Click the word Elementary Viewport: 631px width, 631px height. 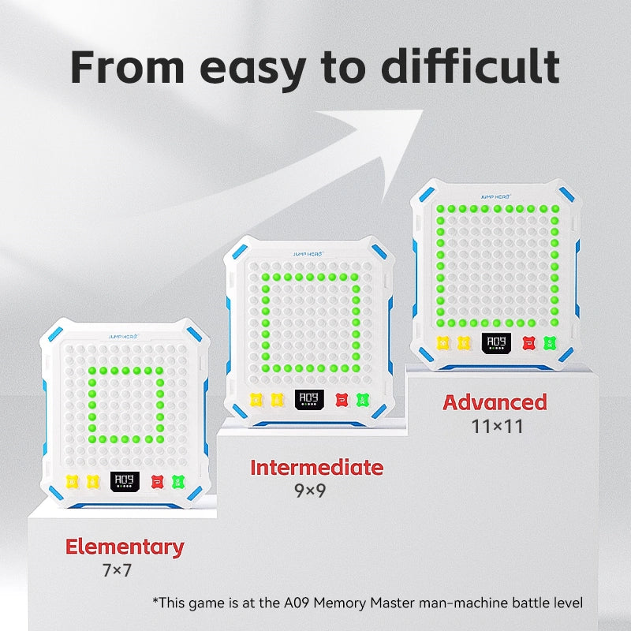(125, 547)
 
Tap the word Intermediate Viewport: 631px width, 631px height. (317, 468)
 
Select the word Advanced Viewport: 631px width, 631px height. (495, 402)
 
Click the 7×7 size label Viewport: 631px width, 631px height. (117, 570)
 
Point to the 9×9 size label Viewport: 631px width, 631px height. (310, 491)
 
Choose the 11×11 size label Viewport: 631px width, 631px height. (497, 427)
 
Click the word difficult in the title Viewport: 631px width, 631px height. (470, 66)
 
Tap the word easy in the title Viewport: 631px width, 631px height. (252, 70)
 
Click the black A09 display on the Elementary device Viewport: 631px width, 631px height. (125, 481)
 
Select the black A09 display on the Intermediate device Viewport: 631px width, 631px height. (309, 400)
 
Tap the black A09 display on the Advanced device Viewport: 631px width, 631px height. (497, 343)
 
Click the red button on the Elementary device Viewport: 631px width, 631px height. (157, 482)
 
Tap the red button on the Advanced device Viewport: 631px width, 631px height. (528, 343)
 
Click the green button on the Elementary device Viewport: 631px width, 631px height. (178, 482)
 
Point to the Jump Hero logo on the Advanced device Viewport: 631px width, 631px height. (495, 196)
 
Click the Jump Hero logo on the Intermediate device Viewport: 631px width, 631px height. (308, 254)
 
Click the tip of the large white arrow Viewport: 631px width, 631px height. (423, 110)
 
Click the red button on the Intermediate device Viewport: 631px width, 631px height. (342, 400)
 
